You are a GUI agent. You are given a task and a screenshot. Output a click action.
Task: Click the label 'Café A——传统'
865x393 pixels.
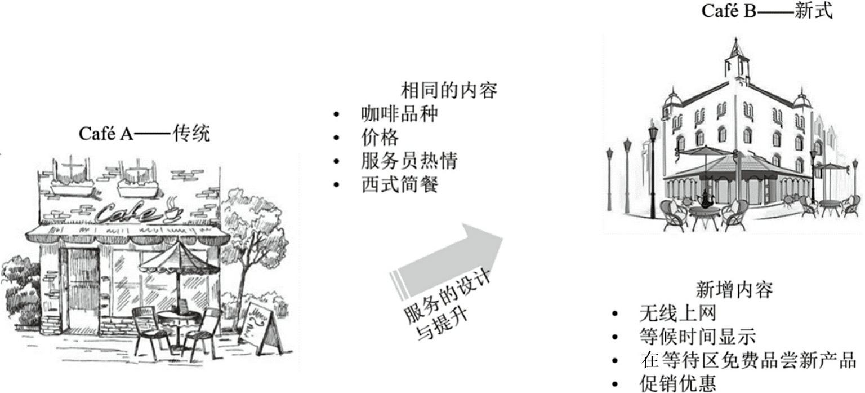pyautogui.click(x=144, y=134)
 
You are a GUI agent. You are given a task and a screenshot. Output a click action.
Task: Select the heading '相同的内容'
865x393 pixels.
pyautogui.click(x=449, y=90)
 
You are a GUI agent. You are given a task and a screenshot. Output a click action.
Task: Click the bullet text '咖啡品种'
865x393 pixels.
pyautogui.click(x=399, y=114)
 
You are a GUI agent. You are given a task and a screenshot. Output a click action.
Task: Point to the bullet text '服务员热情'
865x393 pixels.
pyautogui.click(x=409, y=161)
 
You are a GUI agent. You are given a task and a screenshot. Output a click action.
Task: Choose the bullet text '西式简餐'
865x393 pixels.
pyautogui.click(x=399, y=185)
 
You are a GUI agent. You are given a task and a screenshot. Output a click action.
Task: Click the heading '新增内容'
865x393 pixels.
pyautogui.click(x=734, y=289)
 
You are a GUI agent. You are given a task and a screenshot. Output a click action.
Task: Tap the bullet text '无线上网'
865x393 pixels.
pyautogui.click(x=677, y=313)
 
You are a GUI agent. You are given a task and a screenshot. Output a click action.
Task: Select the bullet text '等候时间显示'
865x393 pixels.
pyautogui.click(x=697, y=337)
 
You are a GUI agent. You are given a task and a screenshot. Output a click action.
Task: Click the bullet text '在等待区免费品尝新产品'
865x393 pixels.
pyautogui.click(x=748, y=360)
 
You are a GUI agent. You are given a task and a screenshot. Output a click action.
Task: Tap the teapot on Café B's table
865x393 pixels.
pyautogui.click(x=703, y=199)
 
